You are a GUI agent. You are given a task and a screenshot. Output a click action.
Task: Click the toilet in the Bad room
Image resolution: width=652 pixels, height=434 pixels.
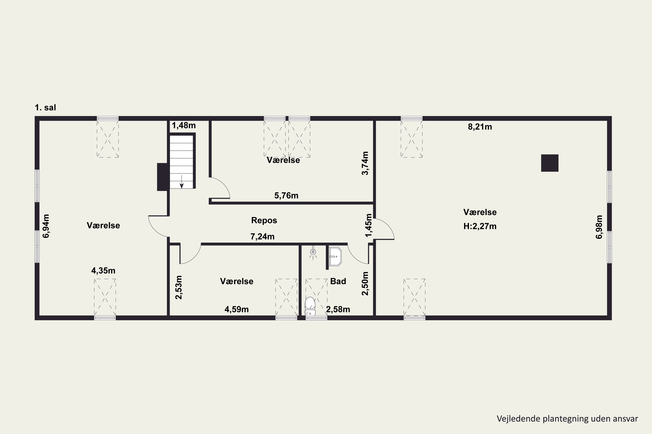[x=310, y=306]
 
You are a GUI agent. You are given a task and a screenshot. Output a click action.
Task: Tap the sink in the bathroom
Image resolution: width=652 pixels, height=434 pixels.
[x=335, y=256]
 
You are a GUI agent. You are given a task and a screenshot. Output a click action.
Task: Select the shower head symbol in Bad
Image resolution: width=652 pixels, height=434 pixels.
[x=313, y=252]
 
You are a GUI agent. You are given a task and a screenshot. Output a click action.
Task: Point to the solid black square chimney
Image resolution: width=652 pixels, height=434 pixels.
[x=550, y=163]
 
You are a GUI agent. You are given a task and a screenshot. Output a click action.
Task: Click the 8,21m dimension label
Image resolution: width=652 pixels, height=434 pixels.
[x=480, y=127]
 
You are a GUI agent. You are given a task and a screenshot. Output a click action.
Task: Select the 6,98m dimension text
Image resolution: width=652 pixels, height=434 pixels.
[x=599, y=227]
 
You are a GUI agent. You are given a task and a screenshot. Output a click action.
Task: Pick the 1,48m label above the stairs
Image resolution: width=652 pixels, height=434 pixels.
[x=184, y=125]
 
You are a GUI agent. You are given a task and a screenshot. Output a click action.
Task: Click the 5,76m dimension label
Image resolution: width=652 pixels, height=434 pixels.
[x=286, y=196]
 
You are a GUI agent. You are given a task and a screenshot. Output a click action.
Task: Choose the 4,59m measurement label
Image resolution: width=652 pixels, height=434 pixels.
[x=236, y=309]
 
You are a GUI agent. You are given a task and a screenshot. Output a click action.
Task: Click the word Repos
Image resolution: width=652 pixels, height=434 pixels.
[x=264, y=220]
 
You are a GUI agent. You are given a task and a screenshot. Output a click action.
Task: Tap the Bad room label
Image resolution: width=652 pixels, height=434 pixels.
[x=338, y=281]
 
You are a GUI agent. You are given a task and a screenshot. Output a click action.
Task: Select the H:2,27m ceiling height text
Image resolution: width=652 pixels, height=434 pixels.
[x=480, y=226]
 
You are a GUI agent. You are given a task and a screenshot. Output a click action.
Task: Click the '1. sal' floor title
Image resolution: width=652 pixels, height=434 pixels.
[x=45, y=107]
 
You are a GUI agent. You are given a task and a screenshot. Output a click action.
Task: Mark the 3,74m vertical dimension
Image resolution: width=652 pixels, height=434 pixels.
[x=365, y=163]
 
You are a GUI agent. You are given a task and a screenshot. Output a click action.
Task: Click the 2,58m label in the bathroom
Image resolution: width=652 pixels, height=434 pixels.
[x=338, y=309]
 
